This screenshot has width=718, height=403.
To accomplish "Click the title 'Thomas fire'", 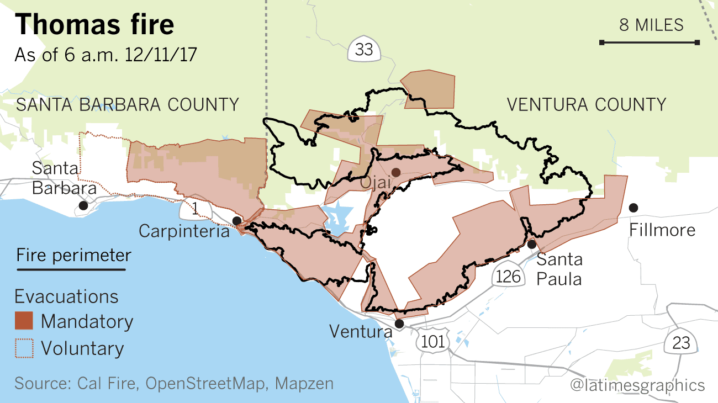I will point(94,25).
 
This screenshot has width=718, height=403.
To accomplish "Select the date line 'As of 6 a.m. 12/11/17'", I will point(105,56).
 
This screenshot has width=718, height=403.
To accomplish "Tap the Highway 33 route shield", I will point(364,50).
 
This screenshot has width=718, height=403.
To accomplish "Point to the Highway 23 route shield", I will point(681,343).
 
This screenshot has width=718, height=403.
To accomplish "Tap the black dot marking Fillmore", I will point(633,208).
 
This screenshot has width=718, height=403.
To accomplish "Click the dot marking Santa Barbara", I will point(83,205).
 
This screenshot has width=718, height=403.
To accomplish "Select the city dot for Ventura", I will point(399,324).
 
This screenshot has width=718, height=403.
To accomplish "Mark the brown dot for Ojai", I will point(395,172).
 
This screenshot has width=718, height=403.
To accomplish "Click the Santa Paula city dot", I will point(531,244).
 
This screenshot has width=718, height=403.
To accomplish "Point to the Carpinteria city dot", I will point(236,221).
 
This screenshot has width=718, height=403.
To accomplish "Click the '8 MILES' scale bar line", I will point(650,43).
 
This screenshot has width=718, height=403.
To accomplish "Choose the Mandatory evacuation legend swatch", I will point(24,321).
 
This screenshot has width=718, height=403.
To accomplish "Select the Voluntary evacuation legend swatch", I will point(24,348).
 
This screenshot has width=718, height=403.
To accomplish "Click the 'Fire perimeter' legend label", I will point(73,256).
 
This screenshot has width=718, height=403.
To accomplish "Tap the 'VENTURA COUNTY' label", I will point(586,104).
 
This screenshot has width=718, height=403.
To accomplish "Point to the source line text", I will point(174,383).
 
